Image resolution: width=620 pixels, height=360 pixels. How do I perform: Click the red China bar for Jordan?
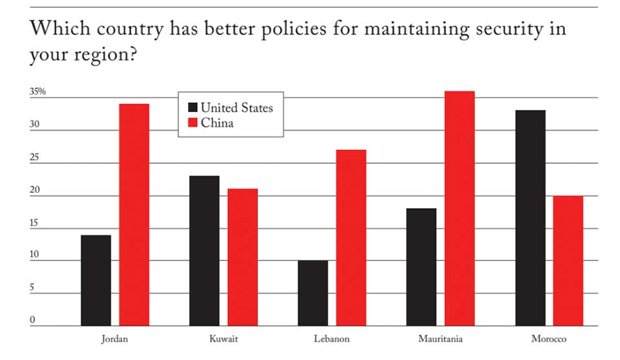pyautogui.click(x=134, y=215)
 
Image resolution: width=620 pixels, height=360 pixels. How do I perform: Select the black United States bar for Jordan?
pyautogui.click(x=96, y=280)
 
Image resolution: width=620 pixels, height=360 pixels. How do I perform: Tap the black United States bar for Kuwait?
pyautogui.click(x=205, y=251)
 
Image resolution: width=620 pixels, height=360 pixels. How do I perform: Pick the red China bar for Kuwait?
pyautogui.click(x=243, y=257)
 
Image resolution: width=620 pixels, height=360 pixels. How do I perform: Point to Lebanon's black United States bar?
pyautogui.click(x=313, y=293)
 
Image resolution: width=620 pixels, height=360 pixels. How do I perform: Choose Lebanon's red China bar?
pyautogui.click(x=351, y=237)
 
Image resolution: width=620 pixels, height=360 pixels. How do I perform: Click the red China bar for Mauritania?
pyautogui.click(x=460, y=208)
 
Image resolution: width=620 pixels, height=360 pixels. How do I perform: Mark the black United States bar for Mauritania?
pyautogui.click(x=422, y=267)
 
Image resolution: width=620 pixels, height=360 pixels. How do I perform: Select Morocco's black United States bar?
pyautogui.click(x=530, y=218)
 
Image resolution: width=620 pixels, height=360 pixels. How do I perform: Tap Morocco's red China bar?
pyautogui.click(x=568, y=260)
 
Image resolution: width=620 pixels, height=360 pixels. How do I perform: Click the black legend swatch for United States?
pyautogui.click(x=192, y=107)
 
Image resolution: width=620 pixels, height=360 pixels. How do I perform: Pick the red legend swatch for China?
pyautogui.click(x=192, y=123)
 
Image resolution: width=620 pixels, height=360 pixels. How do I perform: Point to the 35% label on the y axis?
pyautogui.click(x=37, y=92)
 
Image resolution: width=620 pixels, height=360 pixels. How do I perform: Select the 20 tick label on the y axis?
pyautogui.click(x=34, y=191)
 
